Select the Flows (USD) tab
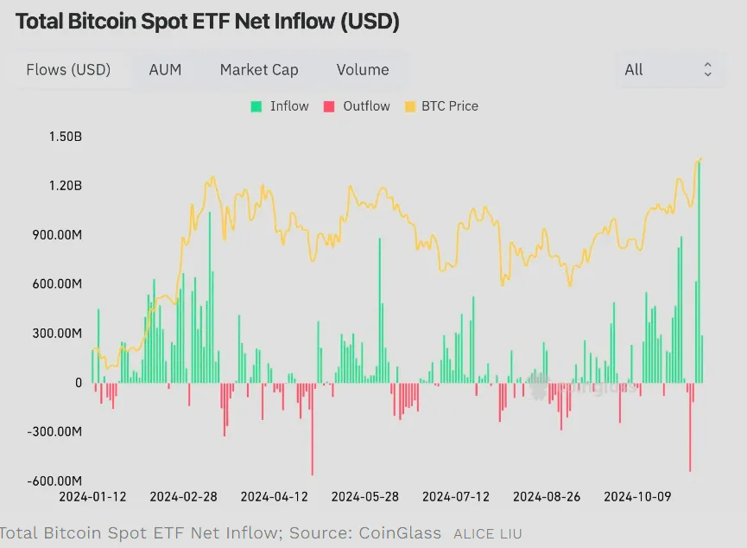click(x=68, y=70)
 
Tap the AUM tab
click(x=165, y=70)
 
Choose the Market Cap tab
click(x=259, y=70)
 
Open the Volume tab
click(x=363, y=70)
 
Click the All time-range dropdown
click(x=669, y=70)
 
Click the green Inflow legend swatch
click(x=256, y=106)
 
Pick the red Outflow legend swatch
click(x=329, y=106)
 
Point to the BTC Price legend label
click(x=450, y=105)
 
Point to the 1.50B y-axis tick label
click(x=66, y=137)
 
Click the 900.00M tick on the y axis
click(x=57, y=234)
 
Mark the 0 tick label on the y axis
click(x=79, y=383)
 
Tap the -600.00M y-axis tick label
click(x=54, y=481)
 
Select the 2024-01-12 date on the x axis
click(x=92, y=496)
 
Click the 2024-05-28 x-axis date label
click(x=365, y=496)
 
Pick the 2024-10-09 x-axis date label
click(x=637, y=496)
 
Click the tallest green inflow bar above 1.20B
click(x=699, y=272)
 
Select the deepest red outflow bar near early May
click(x=313, y=429)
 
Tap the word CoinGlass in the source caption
click(x=400, y=532)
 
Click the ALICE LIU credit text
click(x=487, y=533)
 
